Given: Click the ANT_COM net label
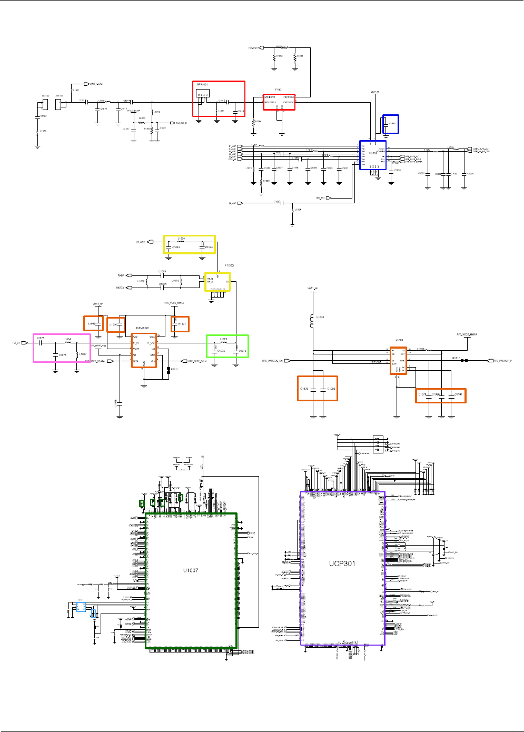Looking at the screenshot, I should point(96,84).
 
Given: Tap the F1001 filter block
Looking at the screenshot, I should point(279,102).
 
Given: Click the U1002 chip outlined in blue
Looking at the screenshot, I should point(373,155).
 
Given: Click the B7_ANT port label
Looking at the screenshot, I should point(141,242).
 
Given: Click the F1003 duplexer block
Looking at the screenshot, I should point(217,281).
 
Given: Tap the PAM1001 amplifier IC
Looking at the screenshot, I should point(144,350).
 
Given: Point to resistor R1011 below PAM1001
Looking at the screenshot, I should point(168,369).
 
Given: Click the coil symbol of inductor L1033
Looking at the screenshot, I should point(313,321).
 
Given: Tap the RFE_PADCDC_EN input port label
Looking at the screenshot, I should point(272,361).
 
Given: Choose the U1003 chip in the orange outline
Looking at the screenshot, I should point(398,361).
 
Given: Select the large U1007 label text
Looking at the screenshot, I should point(191,570).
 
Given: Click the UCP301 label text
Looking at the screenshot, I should point(342,563).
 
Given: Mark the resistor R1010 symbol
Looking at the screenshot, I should point(462,361).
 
